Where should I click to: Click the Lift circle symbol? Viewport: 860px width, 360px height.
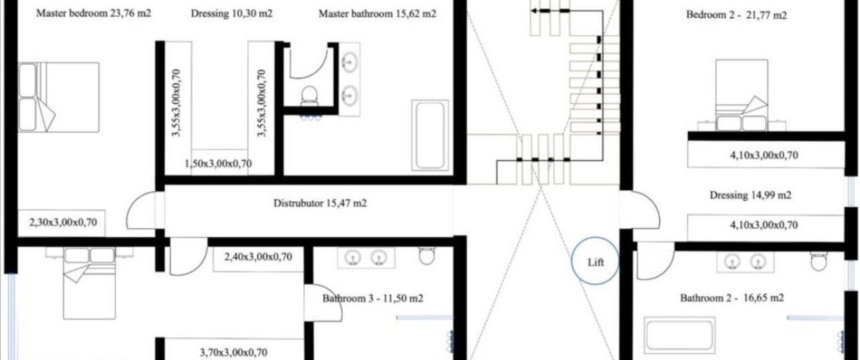pos(572,261)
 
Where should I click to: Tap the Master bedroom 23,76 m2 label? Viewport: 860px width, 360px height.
pos(94,13)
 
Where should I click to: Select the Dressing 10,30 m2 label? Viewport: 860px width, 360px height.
pos(231,14)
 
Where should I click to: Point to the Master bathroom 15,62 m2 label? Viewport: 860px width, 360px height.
pos(377,14)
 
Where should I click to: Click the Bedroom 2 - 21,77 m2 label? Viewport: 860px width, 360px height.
pos(737,15)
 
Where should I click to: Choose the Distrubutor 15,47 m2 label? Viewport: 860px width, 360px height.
pos(320,203)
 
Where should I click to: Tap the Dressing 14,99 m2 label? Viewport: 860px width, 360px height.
pos(750,195)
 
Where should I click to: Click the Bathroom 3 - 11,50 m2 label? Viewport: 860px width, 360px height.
pos(373,299)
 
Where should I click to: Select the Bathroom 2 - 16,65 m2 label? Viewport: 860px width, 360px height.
pos(732,298)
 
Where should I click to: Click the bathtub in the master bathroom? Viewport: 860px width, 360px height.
pos(430,135)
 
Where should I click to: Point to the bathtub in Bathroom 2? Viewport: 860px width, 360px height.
pos(679,335)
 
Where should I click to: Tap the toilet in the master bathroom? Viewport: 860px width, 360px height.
pos(309,95)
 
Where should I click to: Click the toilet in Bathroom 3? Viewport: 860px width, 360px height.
pos(427,255)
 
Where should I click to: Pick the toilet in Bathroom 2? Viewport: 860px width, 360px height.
pos(819,261)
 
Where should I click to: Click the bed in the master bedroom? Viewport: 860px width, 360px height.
pos(59,97)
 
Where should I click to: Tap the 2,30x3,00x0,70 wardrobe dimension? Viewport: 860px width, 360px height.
pos(63,223)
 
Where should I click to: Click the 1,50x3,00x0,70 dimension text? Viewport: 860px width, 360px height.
pos(218,164)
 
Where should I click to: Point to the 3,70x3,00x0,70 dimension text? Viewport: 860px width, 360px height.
pos(233,352)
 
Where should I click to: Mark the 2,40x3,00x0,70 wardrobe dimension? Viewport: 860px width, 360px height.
pos(258,257)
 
